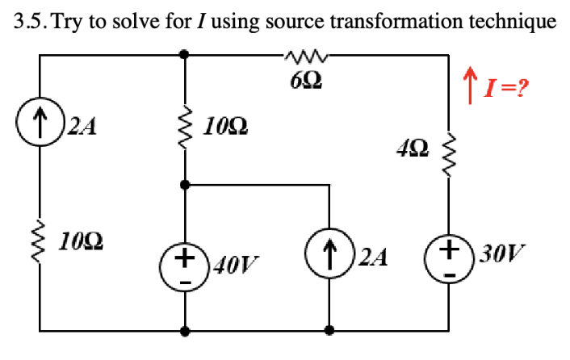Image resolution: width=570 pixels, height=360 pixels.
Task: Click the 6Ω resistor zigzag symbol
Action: pyautogui.click(x=306, y=56)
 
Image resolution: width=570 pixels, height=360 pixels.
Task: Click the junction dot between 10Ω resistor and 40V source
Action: pyautogui.click(x=186, y=185)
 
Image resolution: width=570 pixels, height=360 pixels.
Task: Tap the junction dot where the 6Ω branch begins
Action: pyautogui.click(x=186, y=55)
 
